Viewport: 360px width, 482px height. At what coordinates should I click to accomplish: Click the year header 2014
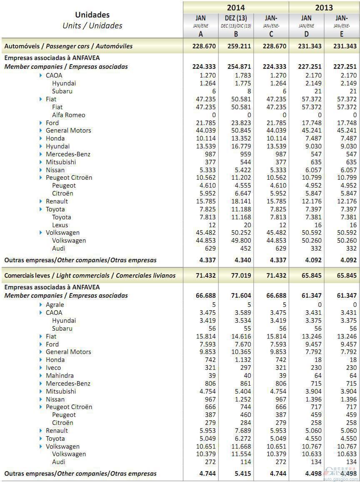[x=235, y=8]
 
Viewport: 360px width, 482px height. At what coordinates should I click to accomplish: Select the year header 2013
[x=324, y=8]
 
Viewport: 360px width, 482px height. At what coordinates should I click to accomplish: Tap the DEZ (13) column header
[x=236, y=18]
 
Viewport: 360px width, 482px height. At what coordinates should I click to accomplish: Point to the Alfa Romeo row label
[x=68, y=115]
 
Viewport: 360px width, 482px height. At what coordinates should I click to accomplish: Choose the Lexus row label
[x=60, y=225]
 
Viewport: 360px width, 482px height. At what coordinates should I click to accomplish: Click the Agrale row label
[x=55, y=305]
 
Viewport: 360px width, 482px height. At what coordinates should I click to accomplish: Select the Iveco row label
[x=53, y=368]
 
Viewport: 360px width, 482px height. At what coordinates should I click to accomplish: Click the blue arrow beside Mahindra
[x=41, y=376]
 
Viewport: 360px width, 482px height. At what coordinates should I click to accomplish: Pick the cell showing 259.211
[x=239, y=46]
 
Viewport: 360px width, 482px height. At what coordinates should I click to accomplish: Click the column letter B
[x=236, y=34]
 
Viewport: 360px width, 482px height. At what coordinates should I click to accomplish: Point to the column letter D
[x=306, y=34]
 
